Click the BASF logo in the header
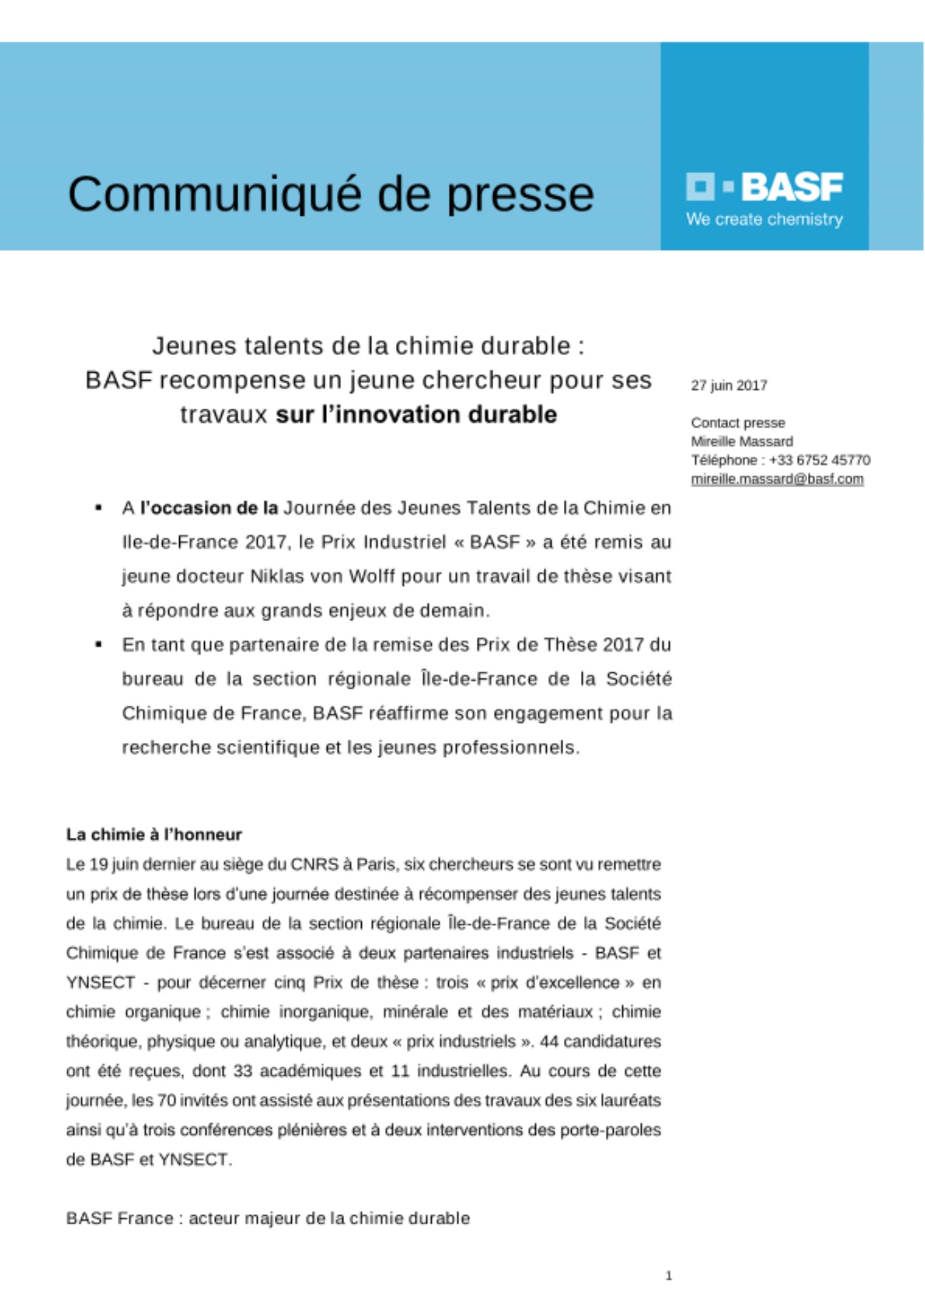[764, 187]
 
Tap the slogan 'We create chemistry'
[764, 220]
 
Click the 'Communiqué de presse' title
[331, 194]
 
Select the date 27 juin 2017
[729, 385]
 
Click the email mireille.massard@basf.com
[777, 479]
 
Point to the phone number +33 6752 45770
[820, 460]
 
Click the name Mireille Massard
[742, 441]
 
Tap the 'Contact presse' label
[738, 422]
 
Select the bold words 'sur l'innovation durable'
[416, 415]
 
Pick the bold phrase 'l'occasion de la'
[209, 508]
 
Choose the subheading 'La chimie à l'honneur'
[154, 835]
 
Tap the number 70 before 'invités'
[166, 1100]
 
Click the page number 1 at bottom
[668, 1275]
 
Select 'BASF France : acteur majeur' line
[268, 1218]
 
